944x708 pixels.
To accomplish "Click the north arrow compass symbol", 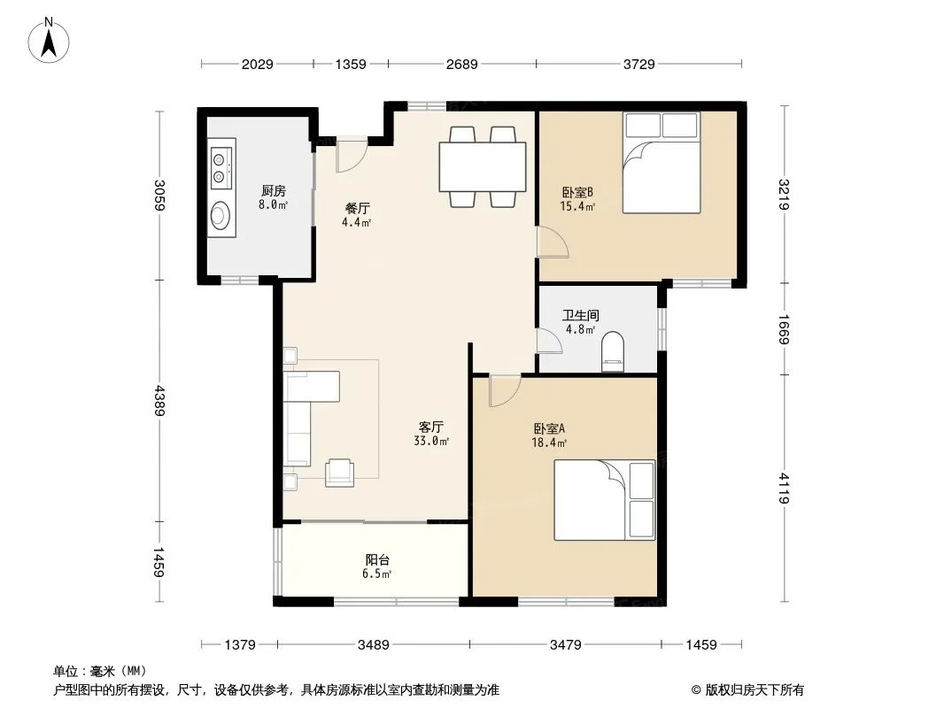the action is pos(49,41).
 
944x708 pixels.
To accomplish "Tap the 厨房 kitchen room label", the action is pos(274,190).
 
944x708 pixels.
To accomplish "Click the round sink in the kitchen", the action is pos(221,215).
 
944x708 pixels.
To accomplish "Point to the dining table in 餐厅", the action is pos(483,166).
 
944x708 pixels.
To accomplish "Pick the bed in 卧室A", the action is pos(605,500).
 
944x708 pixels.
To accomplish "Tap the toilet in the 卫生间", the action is pos(613,352).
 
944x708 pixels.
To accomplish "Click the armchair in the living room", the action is pos(339,473).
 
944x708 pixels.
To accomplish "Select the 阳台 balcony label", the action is pos(377,559).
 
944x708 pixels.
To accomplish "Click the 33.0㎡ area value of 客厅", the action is pos(431,441).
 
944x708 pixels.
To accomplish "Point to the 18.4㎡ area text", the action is pos(549,442).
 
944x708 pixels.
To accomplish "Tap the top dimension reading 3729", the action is pos(638,64).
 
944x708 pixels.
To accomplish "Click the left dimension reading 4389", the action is pos(159,401).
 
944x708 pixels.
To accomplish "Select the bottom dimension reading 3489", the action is pos(374,645).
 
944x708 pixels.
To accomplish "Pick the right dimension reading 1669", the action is pos(784,329).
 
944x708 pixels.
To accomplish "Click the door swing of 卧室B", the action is pos(553,242).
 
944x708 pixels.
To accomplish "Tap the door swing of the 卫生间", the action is pos(549,340).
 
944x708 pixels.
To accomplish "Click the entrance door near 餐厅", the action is pos(352,158).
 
